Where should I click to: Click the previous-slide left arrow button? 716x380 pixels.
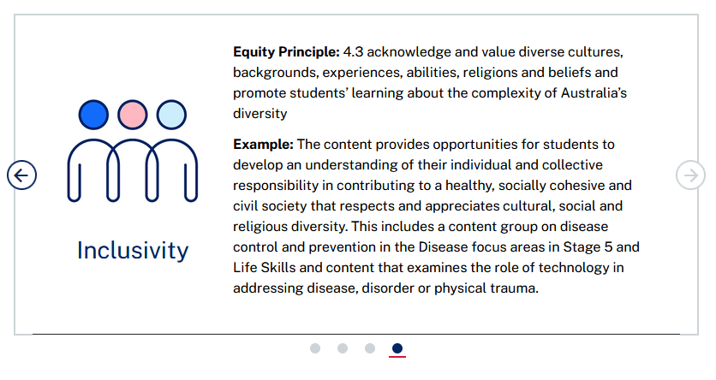[x=21, y=175]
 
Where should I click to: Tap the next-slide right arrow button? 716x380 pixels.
[x=690, y=175]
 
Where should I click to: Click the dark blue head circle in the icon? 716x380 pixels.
[x=93, y=115]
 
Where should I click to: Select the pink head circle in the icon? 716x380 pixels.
[x=133, y=115]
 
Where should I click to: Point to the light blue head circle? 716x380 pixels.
[x=171, y=115]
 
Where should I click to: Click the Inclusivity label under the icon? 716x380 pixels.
[x=133, y=251]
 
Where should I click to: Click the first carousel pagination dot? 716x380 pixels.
[x=315, y=348]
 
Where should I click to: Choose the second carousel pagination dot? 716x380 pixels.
[x=343, y=348]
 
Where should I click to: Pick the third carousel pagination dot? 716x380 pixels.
[x=370, y=348]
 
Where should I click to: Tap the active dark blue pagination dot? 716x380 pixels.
[x=397, y=348]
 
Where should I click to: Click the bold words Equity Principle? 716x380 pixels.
[x=286, y=52]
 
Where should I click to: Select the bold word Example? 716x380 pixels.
[x=264, y=145]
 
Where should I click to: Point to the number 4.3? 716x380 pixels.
[x=353, y=52]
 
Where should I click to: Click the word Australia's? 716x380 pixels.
[x=594, y=93]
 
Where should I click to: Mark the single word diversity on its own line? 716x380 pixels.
[x=260, y=114]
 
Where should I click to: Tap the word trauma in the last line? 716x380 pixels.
[x=515, y=288]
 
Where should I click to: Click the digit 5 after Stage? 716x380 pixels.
[x=608, y=247]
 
